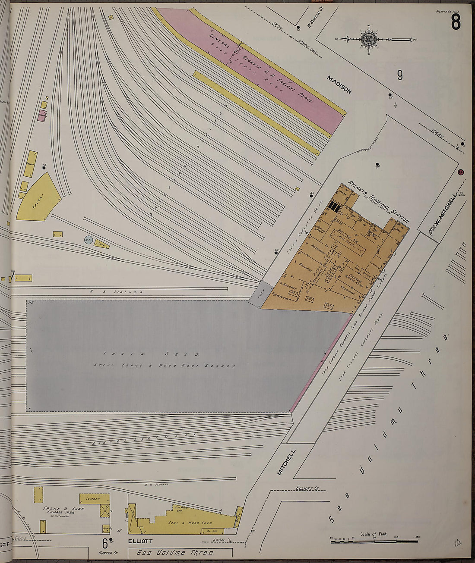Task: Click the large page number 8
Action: pyautogui.click(x=456, y=22)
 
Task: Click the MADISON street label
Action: pyautogui.click(x=339, y=84)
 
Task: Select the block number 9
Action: pyautogui.click(x=400, y=75)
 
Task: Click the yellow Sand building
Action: pyautogui.click(x=102, y=244)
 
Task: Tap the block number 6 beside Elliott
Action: pyautogui.click(x=104, y=541)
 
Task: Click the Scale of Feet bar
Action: pyautogui.click(x=374, y=539)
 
